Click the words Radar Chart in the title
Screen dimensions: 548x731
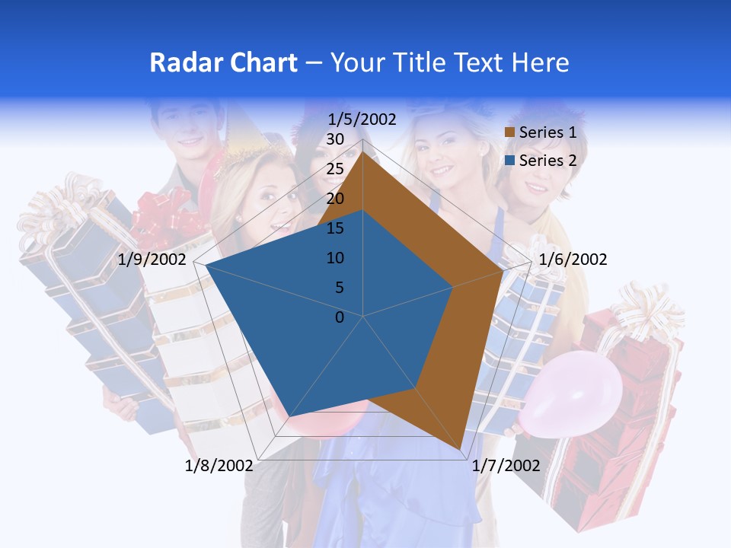223,62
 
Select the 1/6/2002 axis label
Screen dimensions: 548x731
573,260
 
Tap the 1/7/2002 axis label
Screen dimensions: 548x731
506,465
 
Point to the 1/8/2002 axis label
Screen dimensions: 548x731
219,465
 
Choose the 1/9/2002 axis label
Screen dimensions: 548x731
152,260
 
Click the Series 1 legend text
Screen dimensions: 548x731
547,132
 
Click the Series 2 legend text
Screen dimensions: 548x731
547,161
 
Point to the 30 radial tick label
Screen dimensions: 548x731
334,139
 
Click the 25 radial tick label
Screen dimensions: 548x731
334,169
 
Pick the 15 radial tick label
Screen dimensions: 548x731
334,228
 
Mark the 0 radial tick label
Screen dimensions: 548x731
340,317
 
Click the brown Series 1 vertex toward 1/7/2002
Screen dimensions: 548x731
460,449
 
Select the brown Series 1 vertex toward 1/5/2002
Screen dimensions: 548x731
363,153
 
